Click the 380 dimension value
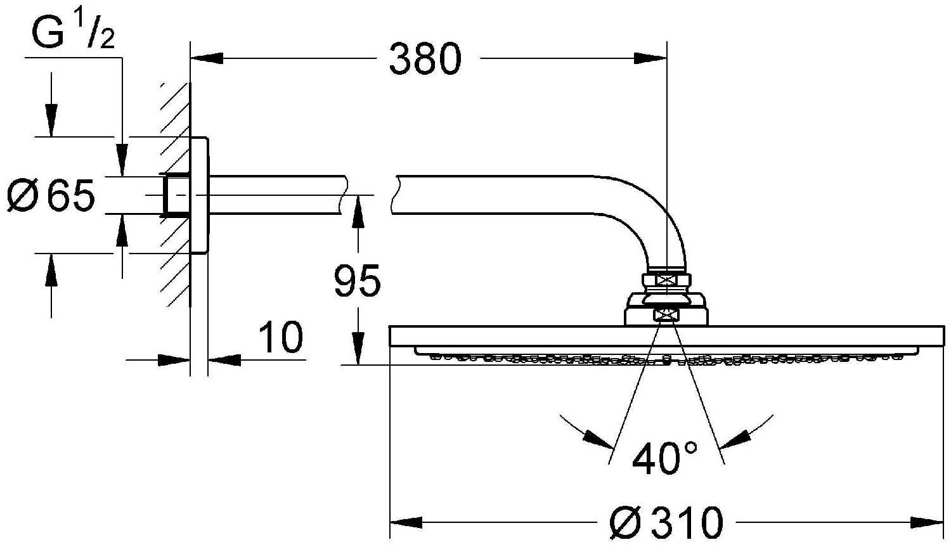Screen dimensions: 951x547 pyautogui.click(x=425, y=59)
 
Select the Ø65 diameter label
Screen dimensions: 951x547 pyautogui.click(x=51, y=195)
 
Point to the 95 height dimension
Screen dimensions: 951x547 pyautogui.click(x=357, y=280)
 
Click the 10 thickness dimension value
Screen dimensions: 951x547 pyautogui.click(x=281, y=337)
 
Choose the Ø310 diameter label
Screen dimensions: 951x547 pyautogui.click(x=666, y=522)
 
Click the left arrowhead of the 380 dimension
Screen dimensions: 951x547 pyautogui.click(x=207, y=58)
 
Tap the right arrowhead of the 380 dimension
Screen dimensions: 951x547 pyautogui.click(x=650, y=58)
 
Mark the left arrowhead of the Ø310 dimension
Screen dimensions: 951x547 pyautogui.click(x=406, y=522)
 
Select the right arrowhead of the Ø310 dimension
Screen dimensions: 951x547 pyautogui.click(x=927, y=522)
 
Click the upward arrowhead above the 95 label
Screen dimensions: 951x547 pyautogui.click(x=358, y=212)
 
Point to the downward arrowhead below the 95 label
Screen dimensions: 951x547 pyautogui.click(x=359, y=349)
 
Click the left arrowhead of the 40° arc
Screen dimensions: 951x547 pyautogui.click(x=598, y=439)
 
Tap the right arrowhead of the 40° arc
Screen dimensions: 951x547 pyautogui.click(x=735, y=439)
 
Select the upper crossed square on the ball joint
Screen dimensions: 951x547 pyautogui.click(x=667, y=280)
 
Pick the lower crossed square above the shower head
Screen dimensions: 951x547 pyautogui.click(x=667, y=315)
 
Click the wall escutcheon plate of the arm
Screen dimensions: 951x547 pyautogui.click(x=200, y=195)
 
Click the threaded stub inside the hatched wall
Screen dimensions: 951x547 pyautogui.click(x=175, y=195)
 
